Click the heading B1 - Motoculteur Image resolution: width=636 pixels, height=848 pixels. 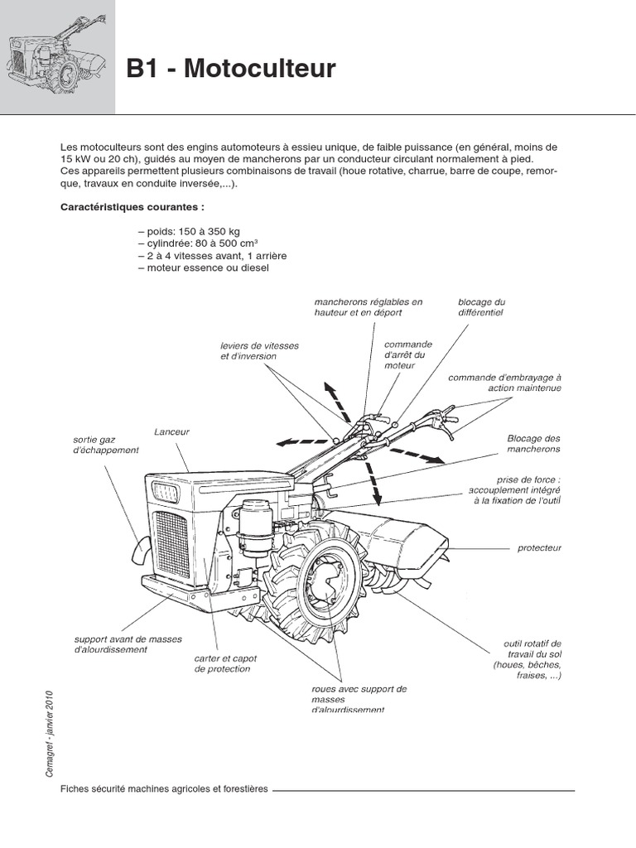click(231, 69)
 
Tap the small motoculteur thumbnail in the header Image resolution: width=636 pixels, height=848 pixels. click(57, 56)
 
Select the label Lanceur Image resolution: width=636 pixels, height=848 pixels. click(171, 431)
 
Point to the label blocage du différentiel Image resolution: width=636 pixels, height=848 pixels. click(481, 307)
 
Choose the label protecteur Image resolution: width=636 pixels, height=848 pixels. click(539, 547)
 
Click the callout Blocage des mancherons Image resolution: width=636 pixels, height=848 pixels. click(533, 443)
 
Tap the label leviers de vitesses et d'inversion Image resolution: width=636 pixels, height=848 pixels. click(260, 350)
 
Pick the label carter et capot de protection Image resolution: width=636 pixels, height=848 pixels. click(225, 663)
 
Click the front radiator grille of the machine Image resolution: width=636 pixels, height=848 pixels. click(172, 543)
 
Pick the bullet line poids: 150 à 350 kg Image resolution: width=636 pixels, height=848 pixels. click(189, 231)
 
